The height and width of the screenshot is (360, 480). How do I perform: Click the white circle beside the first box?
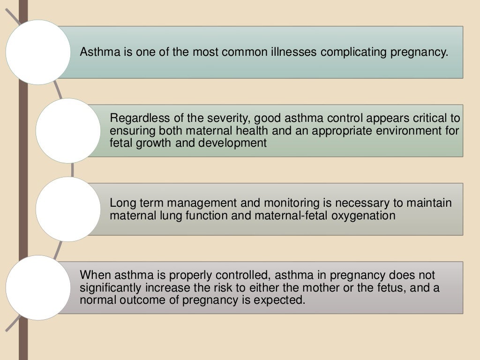38,52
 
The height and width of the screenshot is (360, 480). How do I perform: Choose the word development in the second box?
232,143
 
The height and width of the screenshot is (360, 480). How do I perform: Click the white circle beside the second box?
68,130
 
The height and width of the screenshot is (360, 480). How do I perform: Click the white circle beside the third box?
68,209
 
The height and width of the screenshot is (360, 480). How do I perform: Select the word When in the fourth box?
94,275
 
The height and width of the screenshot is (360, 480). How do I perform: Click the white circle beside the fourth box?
38,287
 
